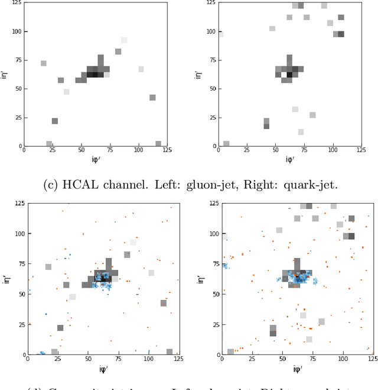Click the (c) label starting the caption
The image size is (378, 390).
click(51, 185)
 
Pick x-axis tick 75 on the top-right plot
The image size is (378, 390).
click(305, 151)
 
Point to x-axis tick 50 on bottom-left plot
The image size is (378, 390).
click(88, 359)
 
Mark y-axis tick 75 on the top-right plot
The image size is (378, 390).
click(212, 60)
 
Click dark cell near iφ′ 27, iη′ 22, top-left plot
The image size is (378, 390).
click(55, 121)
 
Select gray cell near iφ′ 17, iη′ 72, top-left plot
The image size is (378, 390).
click(43, 63)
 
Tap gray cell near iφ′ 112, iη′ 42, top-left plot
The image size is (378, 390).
click(152, 98)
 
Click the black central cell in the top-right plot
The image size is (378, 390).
click(289, 75)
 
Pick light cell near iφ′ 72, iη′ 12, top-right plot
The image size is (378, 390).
click(301, 132)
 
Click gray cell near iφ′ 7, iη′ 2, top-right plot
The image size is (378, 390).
click(226, 144)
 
